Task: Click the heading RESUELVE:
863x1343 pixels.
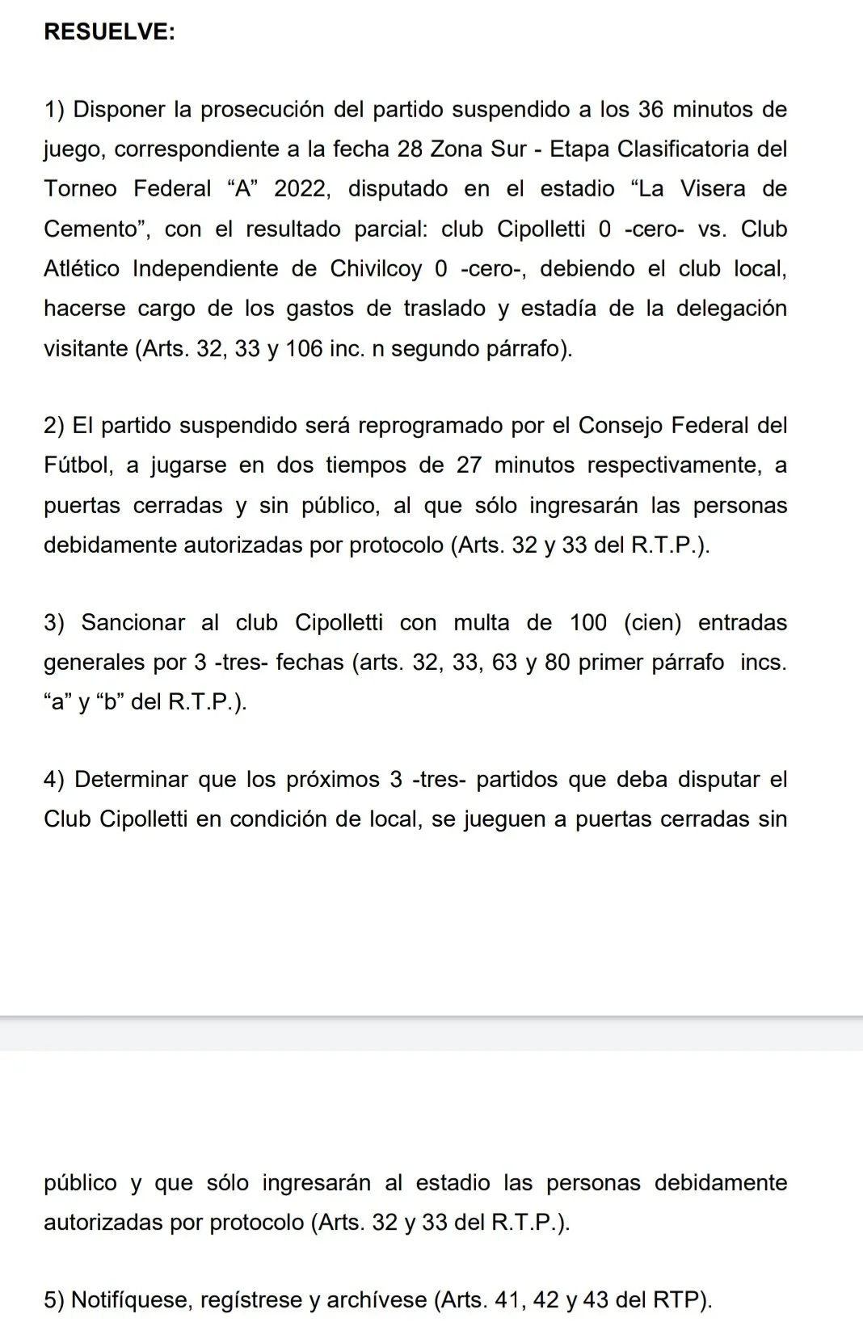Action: tap(109, 32)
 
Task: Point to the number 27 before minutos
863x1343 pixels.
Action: tap(469, 465)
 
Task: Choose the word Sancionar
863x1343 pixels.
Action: tap(133, 623)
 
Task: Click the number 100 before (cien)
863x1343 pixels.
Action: tap(588, 623)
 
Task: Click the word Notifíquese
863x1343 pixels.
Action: tap(132, 1300)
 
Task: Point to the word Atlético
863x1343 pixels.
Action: tap(82, 269)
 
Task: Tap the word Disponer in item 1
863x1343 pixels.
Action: tap(120, 110)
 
